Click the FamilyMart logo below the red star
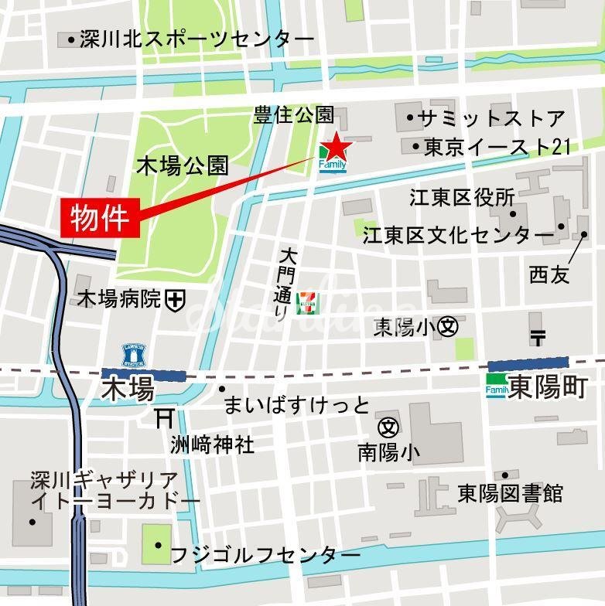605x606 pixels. pyautogui.click(x=333, y=165)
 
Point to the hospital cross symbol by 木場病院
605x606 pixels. pyautogui.click(x=176, y=298)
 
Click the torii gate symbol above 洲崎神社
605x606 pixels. pyautogui.click(x=163, y=418)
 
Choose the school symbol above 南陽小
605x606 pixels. pyautogui.click(x=388, y=426)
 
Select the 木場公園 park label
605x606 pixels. pyautogui.click(x=183, y=165)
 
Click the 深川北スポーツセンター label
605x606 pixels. pyautogui.click(x=197, y=39)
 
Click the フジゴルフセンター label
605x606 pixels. pyautogui.click(x=265, y=554)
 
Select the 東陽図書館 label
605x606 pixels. pyautogui.click(x=510, y=493)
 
